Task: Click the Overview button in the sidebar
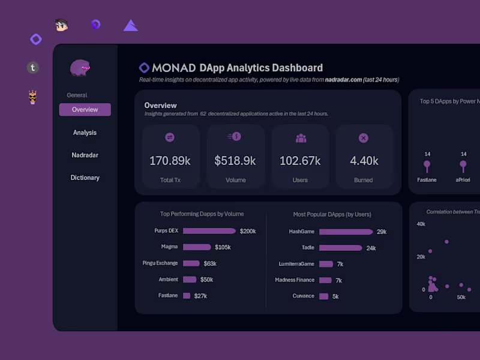click(x=85, y=110)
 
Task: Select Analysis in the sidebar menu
click(x=85, y=133)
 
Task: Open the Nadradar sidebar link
click(x=85, y=155)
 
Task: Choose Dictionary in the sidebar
click(x=85, y=178)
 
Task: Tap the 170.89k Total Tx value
click(x=170, y=161)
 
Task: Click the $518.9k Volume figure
click(x=235, y=161)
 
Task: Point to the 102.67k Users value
click(x=300, y=161)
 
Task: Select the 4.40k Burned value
click(x=364, y=161)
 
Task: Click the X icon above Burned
click(x=363, y=138)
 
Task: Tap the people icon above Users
click(x=301, y=138)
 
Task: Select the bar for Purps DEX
click(x=209, y=231)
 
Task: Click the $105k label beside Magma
click(x=223, y=247)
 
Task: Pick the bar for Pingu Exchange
click(x=191, y=263)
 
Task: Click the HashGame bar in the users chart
click(x=346, y=232)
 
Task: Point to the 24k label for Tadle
click(x=371, y=248)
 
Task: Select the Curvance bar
click(x=323, y=296)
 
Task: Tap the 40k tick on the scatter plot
click(x=421, y=224)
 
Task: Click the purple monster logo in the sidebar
click(x=80, y=68)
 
